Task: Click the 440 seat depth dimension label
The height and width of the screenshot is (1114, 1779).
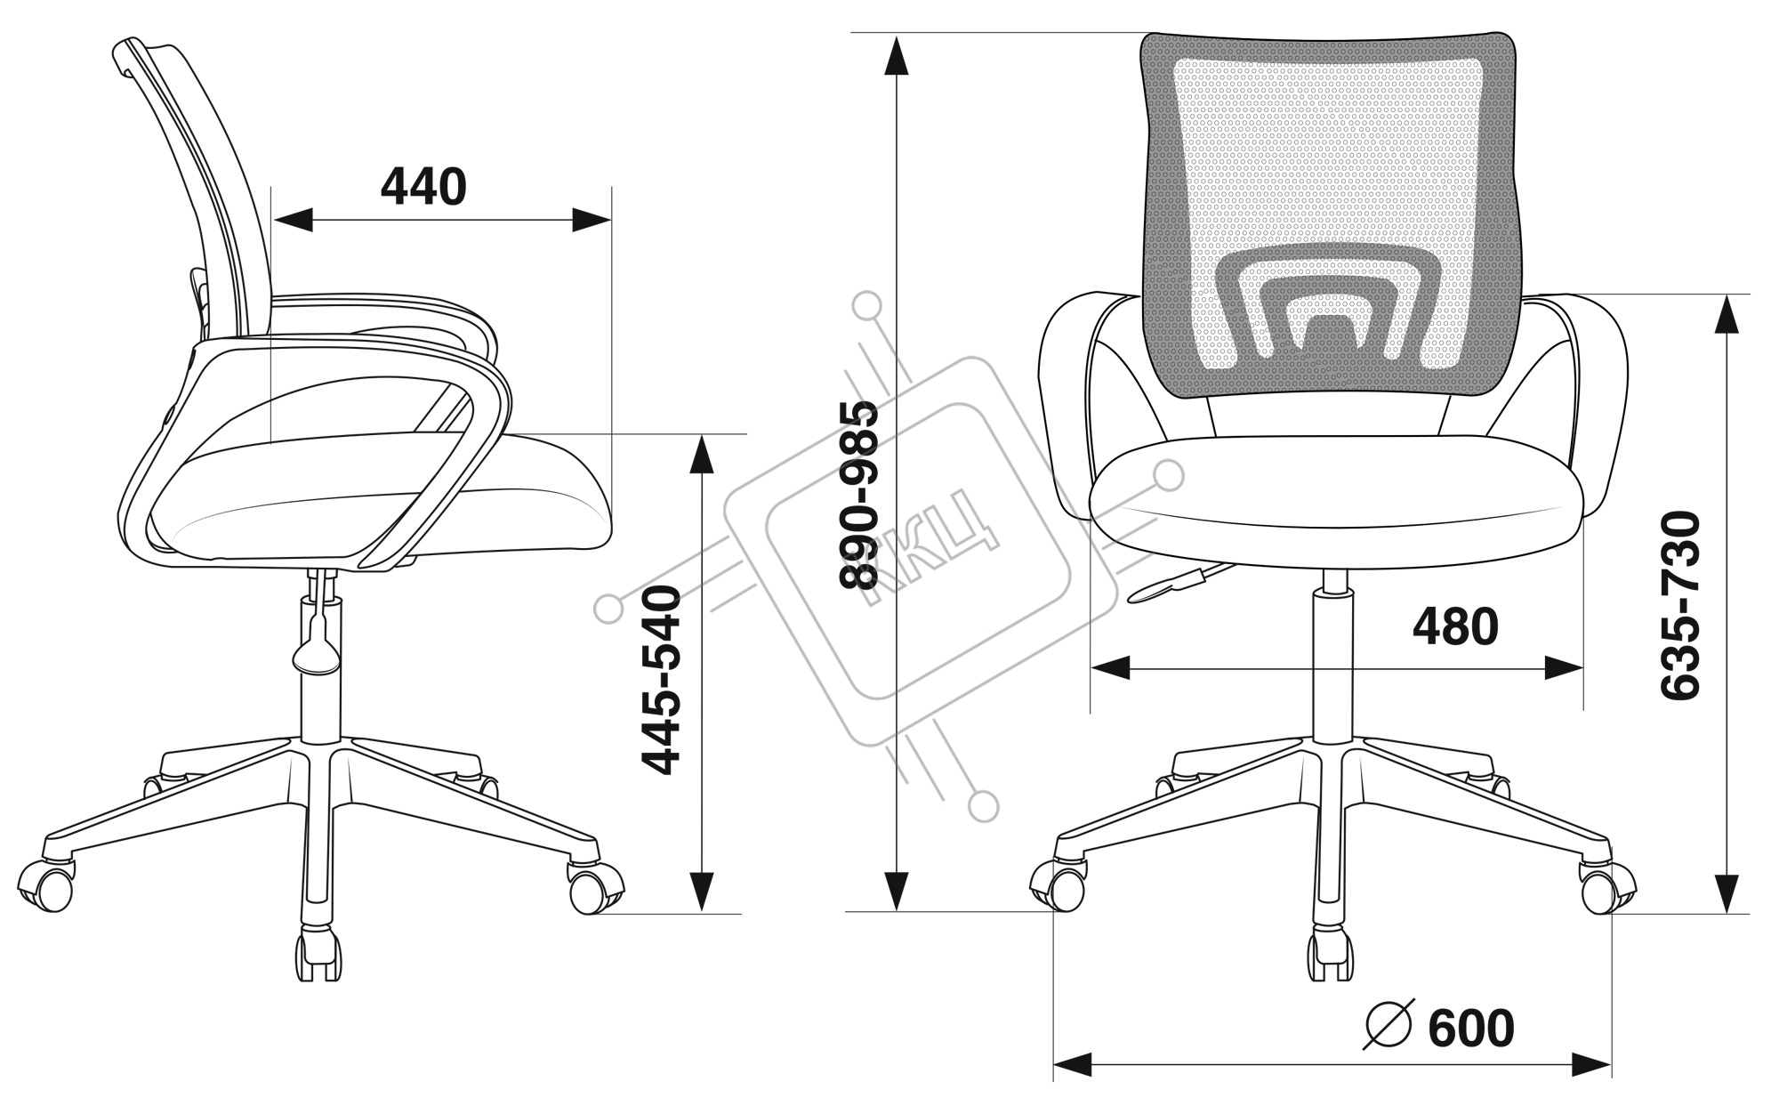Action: pyautogui.click(x=423, y=187)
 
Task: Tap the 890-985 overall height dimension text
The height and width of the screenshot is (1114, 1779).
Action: pyautogui.click(x=859, y=496)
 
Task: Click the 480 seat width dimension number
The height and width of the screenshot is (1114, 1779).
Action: pyautogui.click(x=1455, y=626)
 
